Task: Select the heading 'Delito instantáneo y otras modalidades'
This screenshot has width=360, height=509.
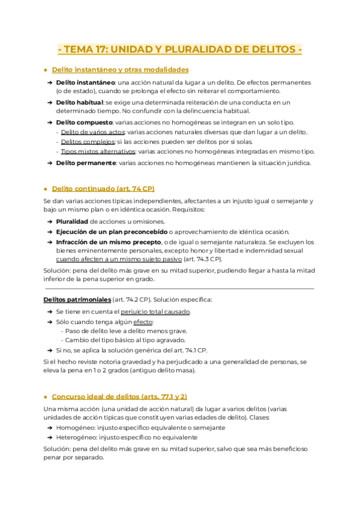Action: pyautogui.click(x=120, y=70)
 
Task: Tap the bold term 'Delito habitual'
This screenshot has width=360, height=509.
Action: pyautogui.click(x=79, y=103)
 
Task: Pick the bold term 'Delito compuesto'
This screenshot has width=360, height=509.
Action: pyautogui.click(x=82, y=122)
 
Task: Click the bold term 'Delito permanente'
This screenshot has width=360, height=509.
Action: pyautogui.click(x=85, y=162)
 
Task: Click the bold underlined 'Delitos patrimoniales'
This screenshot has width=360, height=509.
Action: pyautogui.click(x=77, y=299)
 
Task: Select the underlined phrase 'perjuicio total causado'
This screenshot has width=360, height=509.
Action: pyautogui.click(x=155, y=312)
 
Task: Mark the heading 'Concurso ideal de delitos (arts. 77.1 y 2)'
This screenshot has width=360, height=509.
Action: pyautogui.click(x=119, y=397)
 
